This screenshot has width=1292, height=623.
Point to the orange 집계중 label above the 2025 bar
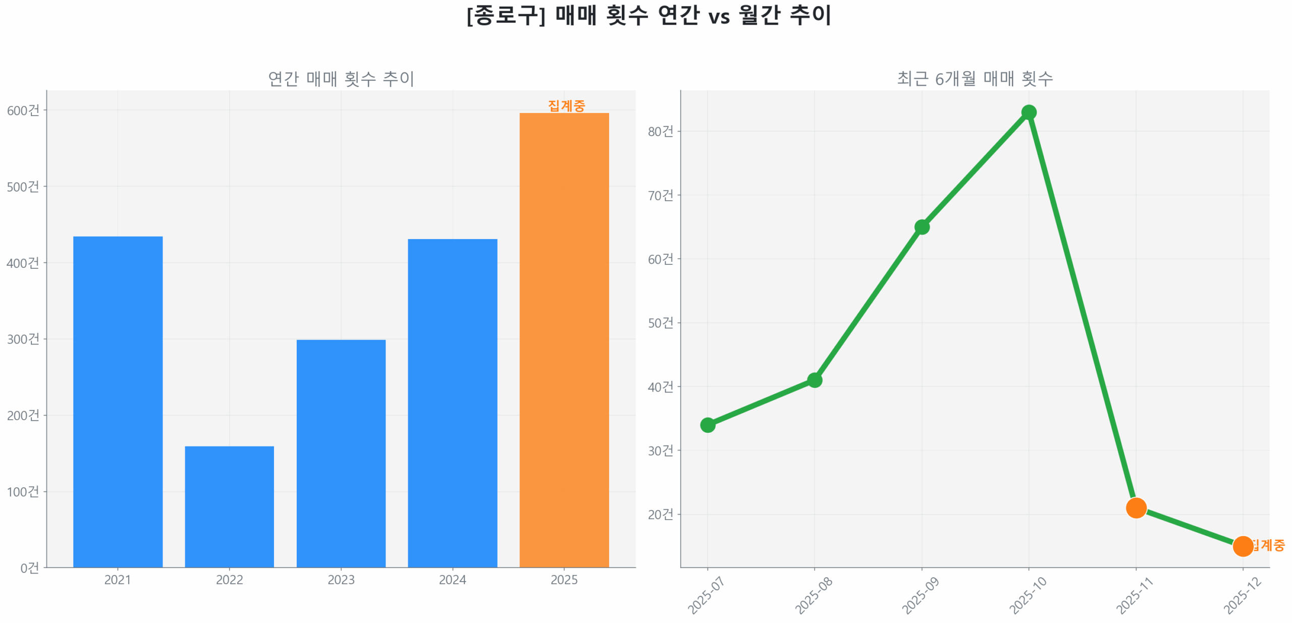566,105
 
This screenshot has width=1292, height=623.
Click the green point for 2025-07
708,425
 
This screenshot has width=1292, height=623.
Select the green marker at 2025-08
815,380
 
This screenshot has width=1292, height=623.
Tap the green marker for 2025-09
922,227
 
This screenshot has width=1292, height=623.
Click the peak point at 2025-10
1029,112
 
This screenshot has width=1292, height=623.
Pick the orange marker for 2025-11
1136,507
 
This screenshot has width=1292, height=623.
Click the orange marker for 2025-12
1243,546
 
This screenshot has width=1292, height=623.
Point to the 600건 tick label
23,110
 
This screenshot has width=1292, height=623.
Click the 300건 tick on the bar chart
23,339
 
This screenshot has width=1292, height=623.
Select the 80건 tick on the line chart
660,131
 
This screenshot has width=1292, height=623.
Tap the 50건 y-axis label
660,323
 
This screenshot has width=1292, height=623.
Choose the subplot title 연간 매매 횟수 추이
341,78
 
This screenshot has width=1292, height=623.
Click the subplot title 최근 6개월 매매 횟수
975,78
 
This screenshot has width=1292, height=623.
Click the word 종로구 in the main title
505,15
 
